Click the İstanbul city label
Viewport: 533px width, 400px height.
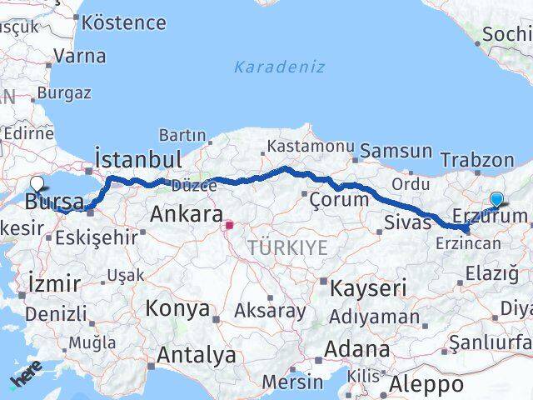pyautogui.click(x=137, y=159)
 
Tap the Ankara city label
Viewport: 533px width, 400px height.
pyautogui.click(x=186, y=214)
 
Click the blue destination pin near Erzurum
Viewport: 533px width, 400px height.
pyautogui.click(x=497, y=200)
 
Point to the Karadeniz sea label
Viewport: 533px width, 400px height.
pyautogui.click(x=279, y=67)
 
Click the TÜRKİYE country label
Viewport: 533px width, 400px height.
pyautogui.click(x=286, y=247)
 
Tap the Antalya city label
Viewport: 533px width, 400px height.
pyautogui.click(x=196, y=355)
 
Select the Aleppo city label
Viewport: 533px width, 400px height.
pyautogui.click(x=426, y=384)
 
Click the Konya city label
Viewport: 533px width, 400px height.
pyautogui.click(x=177, y=308)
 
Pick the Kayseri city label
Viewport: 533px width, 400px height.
pyautogui.click(x=368, y=288)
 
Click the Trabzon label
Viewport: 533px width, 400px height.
pyautogui.click(x=477, y=160)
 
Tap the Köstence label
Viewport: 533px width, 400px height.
pyautogui.click(x=124, y=22)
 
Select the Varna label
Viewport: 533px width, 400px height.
pyautogui.click(x=79, y=57)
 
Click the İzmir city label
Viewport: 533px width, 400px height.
pyautogui.click(x=54, y=282)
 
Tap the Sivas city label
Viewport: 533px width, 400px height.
pyautogui.click(x=408, y=222)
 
